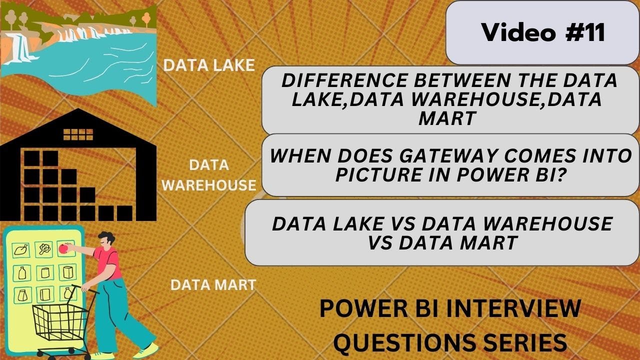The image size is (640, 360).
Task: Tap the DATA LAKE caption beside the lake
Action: [209, 65]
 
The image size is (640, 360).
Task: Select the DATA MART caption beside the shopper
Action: [213, 285]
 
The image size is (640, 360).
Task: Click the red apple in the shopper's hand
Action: [63, 248]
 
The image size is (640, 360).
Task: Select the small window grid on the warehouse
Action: [78, 134]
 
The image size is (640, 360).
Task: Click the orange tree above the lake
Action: [146, 20]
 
